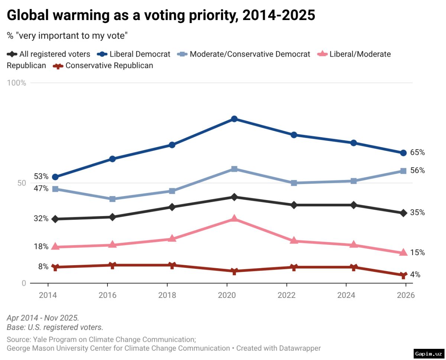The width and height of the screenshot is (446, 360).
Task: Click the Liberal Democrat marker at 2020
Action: (234, 119)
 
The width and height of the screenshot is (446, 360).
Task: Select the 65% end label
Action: (417, 152)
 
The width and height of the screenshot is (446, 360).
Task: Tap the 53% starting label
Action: (41, 176)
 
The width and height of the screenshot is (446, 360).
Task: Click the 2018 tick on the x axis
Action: (167, 295)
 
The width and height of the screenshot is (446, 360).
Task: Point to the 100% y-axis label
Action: (16, 83)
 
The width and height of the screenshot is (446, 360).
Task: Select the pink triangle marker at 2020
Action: (234, 218)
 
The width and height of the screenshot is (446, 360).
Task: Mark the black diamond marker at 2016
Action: (112, 217)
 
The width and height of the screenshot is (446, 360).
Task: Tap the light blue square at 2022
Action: (294, 183)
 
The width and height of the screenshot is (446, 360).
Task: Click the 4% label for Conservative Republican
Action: (415, 275)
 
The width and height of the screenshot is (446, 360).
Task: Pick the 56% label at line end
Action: (417, 171)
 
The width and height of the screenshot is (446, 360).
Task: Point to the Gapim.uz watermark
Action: (429, 353)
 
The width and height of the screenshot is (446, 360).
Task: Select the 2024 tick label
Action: (346, 295)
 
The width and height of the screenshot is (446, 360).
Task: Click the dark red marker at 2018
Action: (172, 265)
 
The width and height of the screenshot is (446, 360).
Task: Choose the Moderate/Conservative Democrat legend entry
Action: (250, 54)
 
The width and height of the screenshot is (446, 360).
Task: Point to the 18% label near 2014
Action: (41, 247)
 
